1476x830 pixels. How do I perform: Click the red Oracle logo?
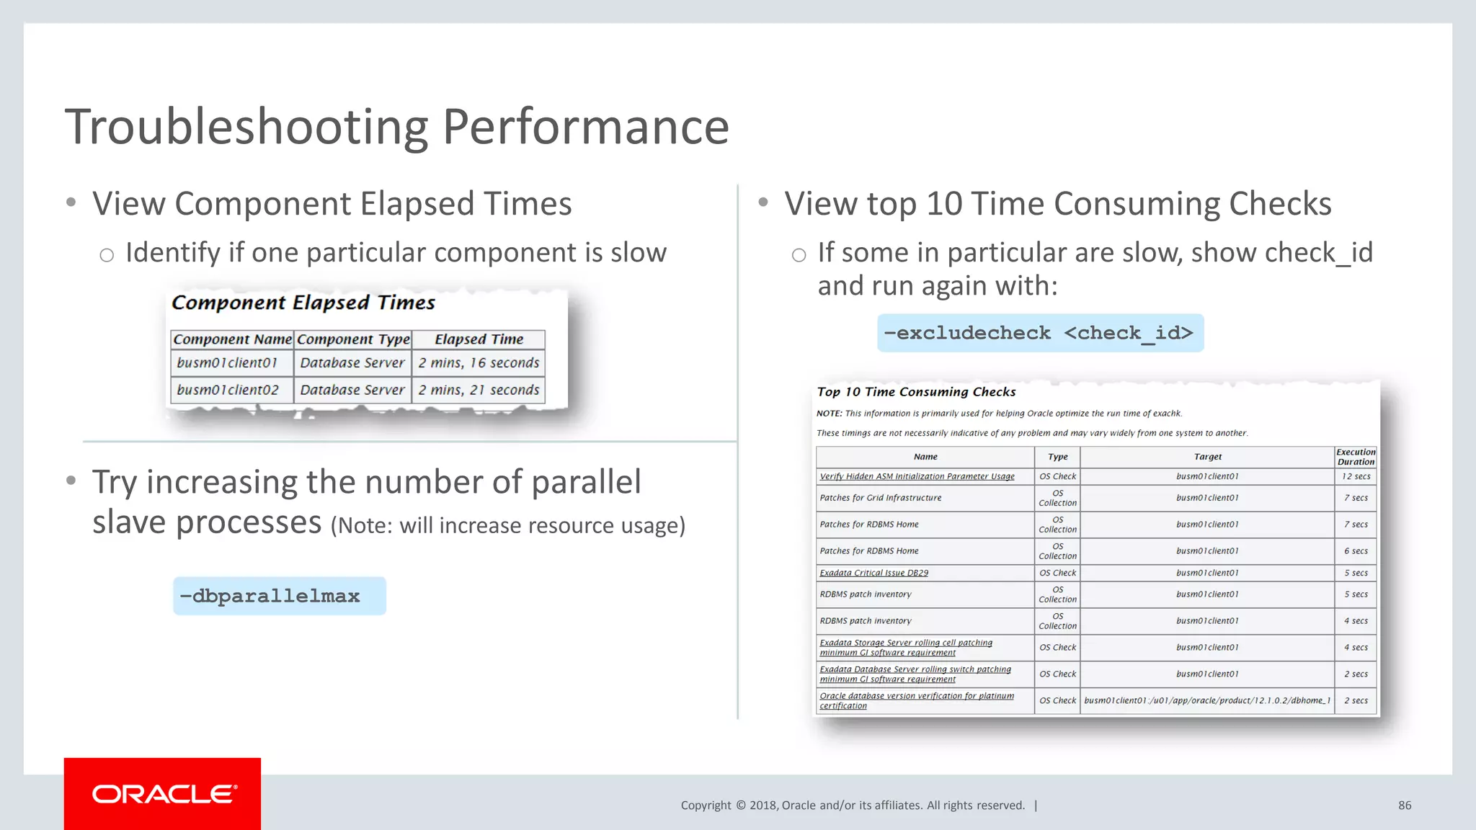coord(162,793)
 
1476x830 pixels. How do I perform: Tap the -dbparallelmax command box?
coord(279,596)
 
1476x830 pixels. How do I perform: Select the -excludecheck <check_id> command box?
coord(1039,333)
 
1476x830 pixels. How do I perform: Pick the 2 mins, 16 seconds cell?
coord(479,362)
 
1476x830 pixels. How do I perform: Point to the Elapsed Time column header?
coord(479,339)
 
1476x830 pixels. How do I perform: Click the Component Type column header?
coord(353,339)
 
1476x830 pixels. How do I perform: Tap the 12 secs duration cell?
coord(1356,476)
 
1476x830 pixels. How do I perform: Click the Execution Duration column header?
coord(1356,457)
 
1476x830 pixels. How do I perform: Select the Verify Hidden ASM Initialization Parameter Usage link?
coord(917,476)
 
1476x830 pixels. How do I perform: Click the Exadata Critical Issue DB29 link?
coord(873,573)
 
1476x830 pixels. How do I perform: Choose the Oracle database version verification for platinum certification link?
coord(916,700)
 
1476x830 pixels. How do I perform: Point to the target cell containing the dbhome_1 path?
coord(1207,700)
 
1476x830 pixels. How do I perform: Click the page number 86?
coord(1405,806)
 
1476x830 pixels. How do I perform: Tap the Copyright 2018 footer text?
coord(852,806)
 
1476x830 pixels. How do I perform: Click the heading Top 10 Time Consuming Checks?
coord(916,392)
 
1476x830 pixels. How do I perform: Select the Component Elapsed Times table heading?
coord(303,303)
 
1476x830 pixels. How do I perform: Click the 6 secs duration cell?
coord(1356,550)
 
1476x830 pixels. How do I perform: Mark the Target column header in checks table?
coord(1207,457)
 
